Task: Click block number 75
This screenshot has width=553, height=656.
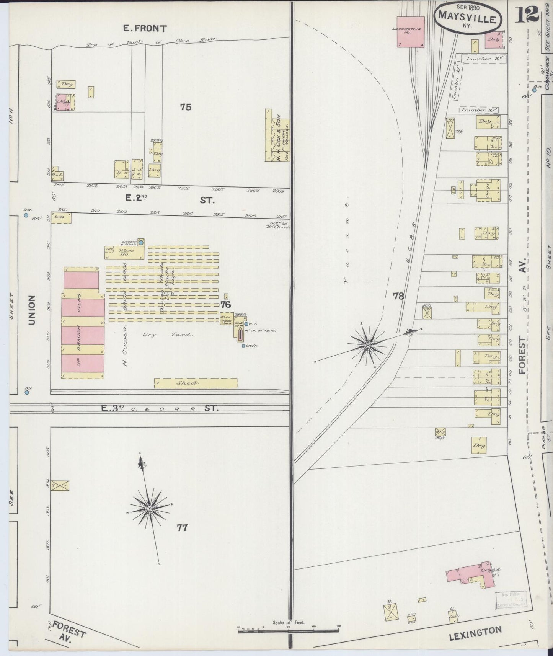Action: [x=186, y=107]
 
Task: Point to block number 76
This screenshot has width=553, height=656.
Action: [x=225, y=304]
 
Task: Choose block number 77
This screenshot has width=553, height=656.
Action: [x=182, y=528]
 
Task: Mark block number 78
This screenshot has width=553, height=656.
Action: [x=398, y=296]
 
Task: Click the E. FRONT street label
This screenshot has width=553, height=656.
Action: [x=145, y=28]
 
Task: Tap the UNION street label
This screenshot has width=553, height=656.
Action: [x=31, y=310]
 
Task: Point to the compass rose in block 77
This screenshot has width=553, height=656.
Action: [x=150, y=508]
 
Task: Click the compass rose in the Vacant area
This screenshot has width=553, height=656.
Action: [x=367, y=345]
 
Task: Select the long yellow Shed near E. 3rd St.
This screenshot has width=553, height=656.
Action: [x=196, y=383]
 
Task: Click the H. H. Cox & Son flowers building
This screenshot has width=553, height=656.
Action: [x=277, y=135]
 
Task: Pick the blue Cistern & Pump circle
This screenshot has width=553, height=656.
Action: [x=141, y=242]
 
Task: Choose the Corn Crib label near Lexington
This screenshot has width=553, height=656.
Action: [x=411, y=618]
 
